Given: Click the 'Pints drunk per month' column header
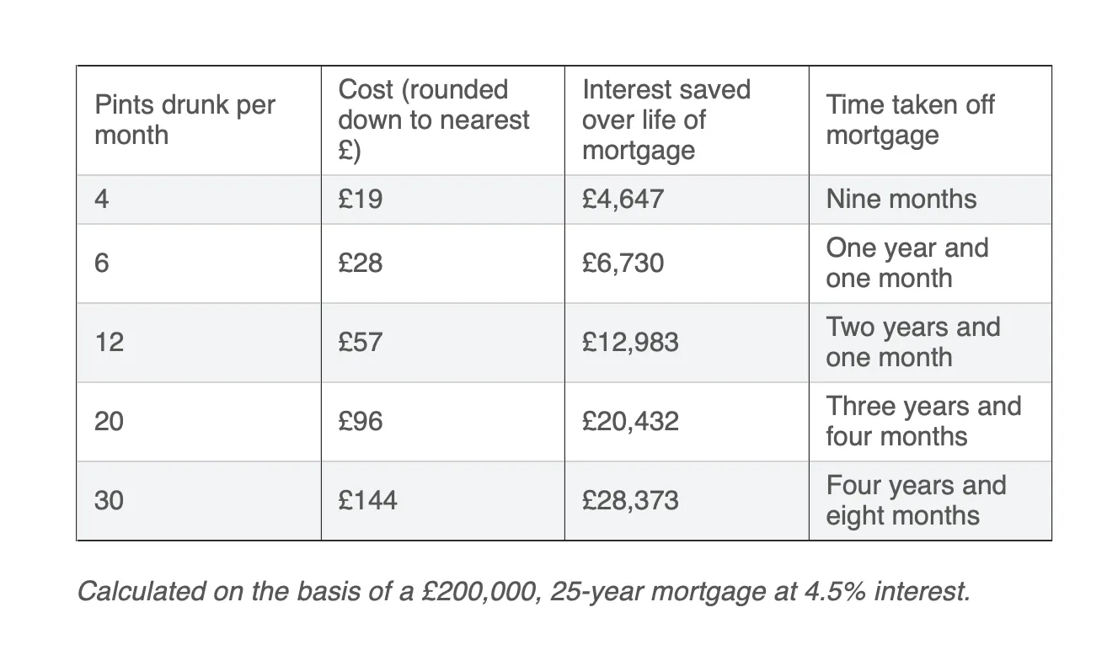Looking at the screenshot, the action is (184, 120).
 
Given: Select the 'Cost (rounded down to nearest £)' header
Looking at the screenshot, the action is (433, 120).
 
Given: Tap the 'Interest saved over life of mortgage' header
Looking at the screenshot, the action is (666, 120).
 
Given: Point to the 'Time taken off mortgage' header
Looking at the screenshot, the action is (910, 120).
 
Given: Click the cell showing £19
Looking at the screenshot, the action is (361, 199).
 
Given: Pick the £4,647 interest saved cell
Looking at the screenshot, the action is (623, 199).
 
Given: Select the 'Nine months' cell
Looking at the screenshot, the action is (901, 199).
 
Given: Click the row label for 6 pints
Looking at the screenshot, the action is (101, 263).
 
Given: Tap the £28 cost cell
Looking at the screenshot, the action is (361, 263).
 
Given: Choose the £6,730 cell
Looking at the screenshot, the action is (623, 263).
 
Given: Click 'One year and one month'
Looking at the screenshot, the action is (906, 263).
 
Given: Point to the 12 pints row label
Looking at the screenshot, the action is (109, 342).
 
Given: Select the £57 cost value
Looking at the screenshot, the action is (361, 342).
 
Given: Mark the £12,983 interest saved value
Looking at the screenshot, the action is (630, 342).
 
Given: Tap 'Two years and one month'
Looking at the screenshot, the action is (912, 342).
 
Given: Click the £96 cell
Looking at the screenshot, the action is (361, 421).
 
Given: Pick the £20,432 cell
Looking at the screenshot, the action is (630, 421).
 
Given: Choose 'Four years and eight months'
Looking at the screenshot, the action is (916, 500).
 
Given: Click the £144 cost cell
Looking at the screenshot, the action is (367, 500).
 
